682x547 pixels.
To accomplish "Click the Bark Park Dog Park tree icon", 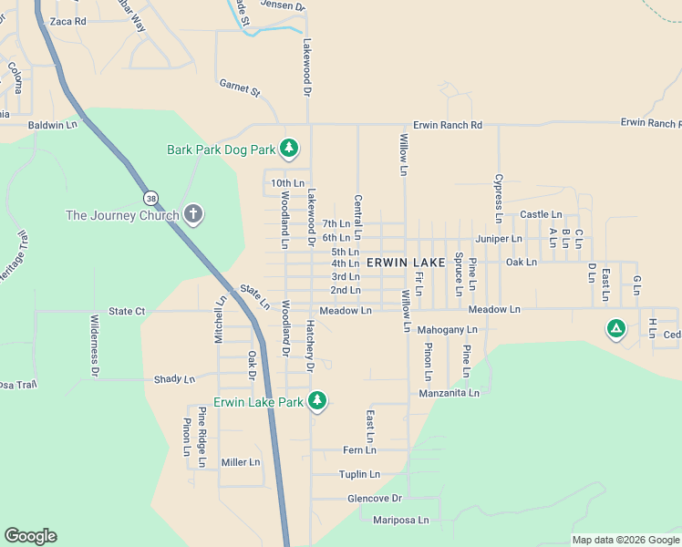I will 289,148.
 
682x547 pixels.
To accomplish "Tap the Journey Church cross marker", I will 192,215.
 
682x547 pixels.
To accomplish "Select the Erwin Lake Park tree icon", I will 317,401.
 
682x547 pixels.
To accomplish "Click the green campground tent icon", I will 616,329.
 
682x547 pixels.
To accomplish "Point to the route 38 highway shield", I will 149,197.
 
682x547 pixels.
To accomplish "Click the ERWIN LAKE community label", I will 406,263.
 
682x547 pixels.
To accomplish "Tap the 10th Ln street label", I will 287,183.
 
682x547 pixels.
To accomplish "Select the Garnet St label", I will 240,88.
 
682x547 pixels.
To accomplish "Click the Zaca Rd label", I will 67,21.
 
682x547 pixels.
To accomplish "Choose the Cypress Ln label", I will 499,199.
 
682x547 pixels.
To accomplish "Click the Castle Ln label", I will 541,215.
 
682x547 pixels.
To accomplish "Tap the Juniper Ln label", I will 499,239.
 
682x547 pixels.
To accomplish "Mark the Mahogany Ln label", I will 447,329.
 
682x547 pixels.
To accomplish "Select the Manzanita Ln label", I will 449,393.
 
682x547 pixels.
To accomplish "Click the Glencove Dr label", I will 374,499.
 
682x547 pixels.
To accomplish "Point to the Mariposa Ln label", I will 400,521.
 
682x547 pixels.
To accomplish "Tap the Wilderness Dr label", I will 94,346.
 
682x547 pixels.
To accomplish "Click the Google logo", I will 30,536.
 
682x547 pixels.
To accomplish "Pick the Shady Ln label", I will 174,379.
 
